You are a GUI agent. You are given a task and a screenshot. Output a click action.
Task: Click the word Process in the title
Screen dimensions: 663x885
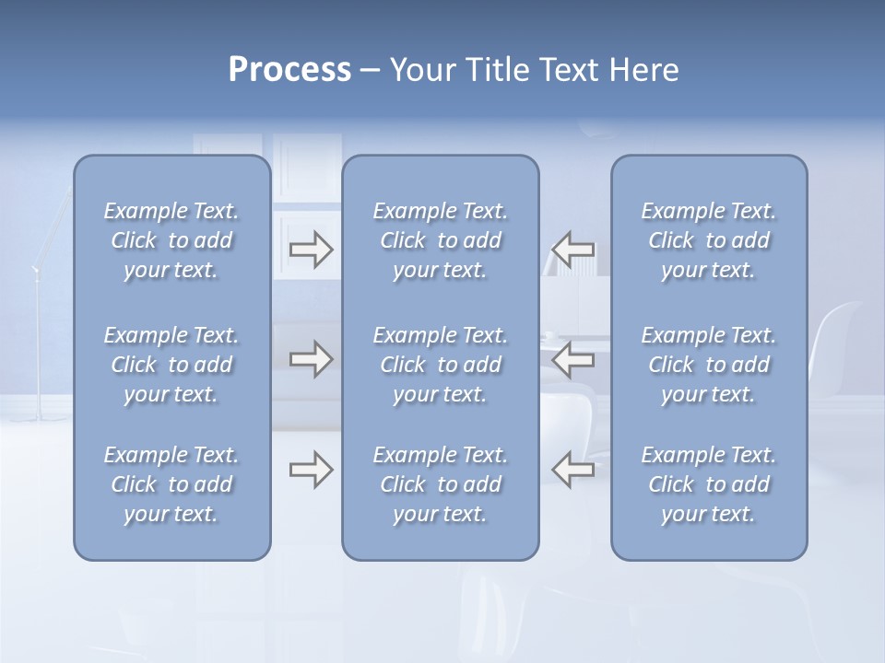click(289, 70)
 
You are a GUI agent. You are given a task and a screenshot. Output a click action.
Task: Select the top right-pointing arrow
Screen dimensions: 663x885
click(311, 249)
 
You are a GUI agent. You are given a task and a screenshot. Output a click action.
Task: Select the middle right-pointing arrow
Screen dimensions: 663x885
click(311, 359)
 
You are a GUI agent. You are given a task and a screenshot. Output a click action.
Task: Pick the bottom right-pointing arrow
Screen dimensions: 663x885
click(311, 470)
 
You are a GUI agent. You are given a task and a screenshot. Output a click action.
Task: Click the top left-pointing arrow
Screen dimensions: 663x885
click(572, 249)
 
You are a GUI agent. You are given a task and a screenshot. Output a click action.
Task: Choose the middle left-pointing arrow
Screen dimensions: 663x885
click(572, 359)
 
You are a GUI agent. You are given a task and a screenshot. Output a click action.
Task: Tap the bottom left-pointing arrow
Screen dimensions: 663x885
click(572, 470)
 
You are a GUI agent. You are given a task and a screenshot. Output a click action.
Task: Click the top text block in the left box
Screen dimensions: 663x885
click(171, 240)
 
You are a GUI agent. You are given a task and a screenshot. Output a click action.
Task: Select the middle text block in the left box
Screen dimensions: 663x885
click(171, 365)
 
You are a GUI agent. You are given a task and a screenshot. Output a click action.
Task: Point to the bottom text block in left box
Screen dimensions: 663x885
click(171, 484)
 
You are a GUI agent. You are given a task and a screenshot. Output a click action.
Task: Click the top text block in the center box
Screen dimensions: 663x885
click(441, 240)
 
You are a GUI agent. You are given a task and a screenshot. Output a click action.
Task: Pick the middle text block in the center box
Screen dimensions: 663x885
click(441, 365)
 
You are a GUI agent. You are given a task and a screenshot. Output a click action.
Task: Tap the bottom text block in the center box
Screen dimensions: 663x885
click(441, 484)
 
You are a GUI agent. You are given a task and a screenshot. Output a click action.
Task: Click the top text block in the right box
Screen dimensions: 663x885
click(709, 240)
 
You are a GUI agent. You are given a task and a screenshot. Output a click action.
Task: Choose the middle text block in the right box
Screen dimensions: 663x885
click(709, 365)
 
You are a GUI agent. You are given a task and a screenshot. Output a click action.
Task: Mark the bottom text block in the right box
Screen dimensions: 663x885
click(709, 484)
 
